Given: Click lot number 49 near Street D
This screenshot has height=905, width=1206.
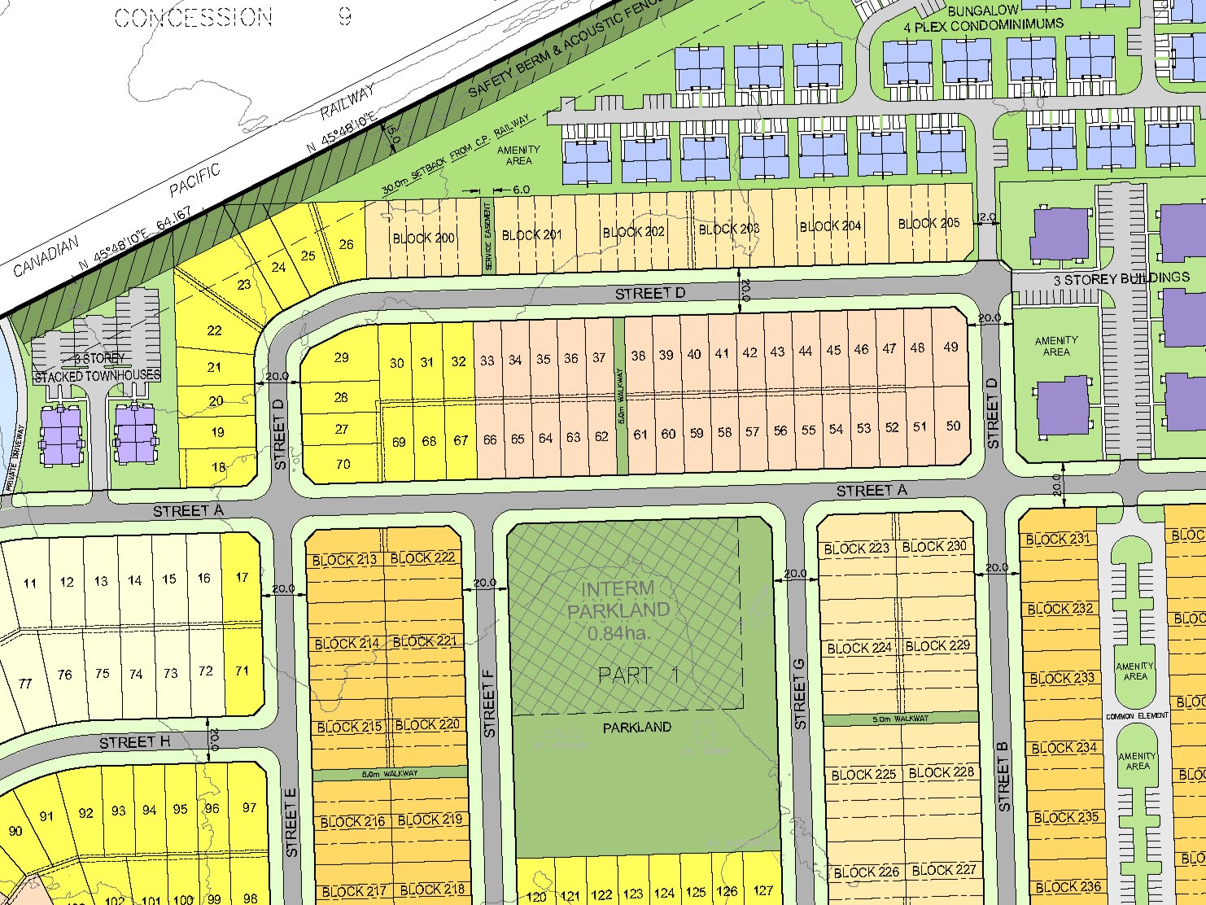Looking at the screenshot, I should point(950,347).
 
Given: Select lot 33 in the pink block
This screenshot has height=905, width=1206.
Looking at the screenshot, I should point(487,360).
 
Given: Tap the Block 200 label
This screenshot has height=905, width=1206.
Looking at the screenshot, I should point(423,238).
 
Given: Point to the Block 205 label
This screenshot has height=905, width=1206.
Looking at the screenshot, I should point(929,223).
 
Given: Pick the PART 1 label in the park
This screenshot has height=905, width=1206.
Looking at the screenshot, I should point(637,675).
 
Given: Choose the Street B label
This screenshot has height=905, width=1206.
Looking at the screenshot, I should point(1003,783).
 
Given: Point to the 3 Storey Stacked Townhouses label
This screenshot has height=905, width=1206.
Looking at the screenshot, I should point(97,368).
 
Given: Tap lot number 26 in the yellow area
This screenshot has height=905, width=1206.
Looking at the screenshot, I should point(346,244).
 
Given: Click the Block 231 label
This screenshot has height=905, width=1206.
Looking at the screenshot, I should point(1057,539).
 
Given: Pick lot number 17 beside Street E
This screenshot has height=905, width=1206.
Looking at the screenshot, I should point(242,577).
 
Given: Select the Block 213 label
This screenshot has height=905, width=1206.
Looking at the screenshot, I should point(344,560).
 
